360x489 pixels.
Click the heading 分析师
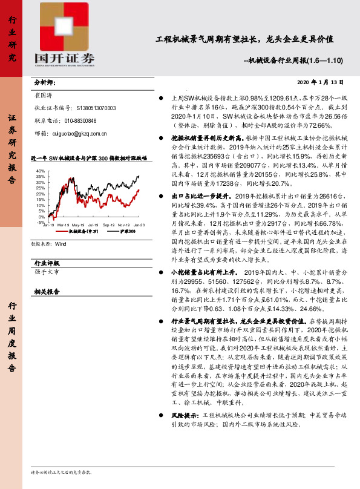(44, 82)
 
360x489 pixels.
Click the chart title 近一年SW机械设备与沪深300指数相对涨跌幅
(88, 157)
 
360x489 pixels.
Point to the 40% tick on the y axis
(41, 171)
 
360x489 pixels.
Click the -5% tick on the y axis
(41, 222)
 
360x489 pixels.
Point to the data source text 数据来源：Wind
(48, 244)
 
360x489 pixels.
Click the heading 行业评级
(47, 263)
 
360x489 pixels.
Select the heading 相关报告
(47, 291)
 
